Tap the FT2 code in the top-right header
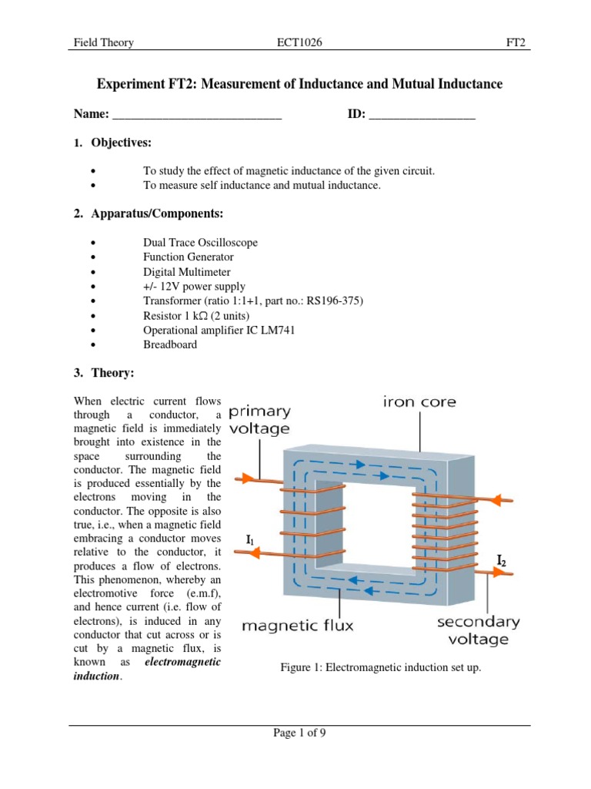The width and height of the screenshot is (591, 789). [515, 43]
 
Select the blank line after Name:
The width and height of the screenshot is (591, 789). [197, 117]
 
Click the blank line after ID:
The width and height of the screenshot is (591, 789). [422, 117]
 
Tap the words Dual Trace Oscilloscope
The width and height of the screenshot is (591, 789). [200, 243]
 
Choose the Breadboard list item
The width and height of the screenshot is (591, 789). [169, 344]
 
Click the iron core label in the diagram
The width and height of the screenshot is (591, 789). [419, 402]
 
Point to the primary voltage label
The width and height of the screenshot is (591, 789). [259, 420]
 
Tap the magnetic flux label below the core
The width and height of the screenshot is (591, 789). [298, 626]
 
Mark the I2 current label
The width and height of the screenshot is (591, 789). [501, 561]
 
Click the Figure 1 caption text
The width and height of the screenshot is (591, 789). [381, 667]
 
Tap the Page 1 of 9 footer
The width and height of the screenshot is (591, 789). [299, 734]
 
